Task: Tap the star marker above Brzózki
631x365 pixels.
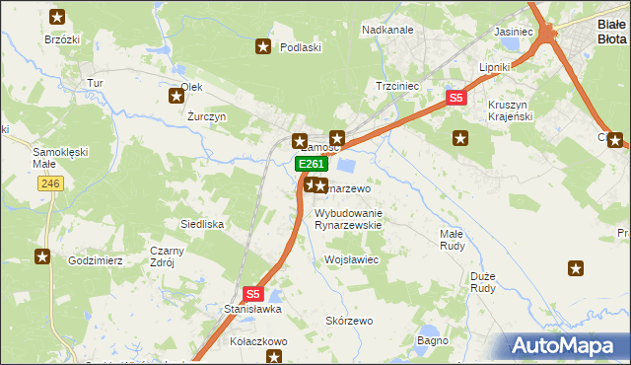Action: [57, 17]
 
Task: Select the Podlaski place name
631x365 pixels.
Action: [302, 46]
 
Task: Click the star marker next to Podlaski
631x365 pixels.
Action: [263, 45]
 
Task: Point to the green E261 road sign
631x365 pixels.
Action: [310, 164]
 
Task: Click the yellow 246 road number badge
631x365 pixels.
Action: [51, 183]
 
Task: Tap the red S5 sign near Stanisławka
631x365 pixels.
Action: [253, 293]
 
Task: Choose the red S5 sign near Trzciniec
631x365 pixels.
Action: [456, 98]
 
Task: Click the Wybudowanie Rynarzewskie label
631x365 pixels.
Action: [347, 219]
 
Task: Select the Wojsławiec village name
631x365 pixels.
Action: [352, 259]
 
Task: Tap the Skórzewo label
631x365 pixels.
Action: [349, 322]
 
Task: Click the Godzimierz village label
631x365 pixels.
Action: [95, 260]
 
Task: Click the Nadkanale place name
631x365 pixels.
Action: [387, 30]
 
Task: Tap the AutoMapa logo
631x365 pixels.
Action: [567, 345]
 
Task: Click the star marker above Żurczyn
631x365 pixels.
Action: [176, 96]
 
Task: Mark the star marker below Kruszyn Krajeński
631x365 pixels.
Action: [458, 138]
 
